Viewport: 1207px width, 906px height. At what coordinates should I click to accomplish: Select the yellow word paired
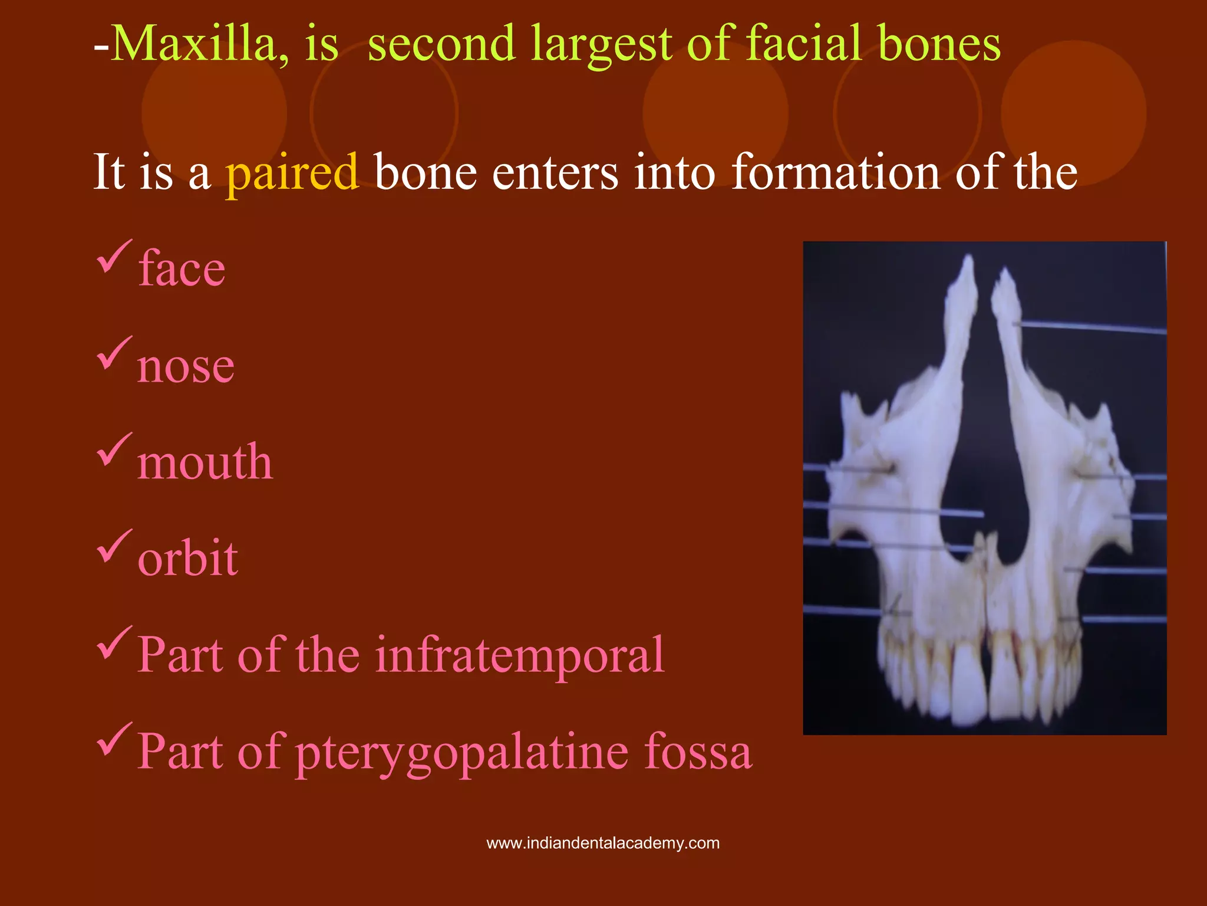292,172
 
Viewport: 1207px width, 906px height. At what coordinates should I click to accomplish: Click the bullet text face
182,269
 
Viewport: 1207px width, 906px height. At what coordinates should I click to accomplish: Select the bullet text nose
186,366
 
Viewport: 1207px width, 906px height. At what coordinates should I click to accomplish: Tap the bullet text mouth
205,462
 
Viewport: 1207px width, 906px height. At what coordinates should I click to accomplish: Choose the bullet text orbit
187,558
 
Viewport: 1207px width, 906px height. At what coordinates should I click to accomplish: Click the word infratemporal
519,655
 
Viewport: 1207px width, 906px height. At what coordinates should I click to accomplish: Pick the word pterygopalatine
461,753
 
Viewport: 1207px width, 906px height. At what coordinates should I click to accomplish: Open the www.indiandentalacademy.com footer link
603,843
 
